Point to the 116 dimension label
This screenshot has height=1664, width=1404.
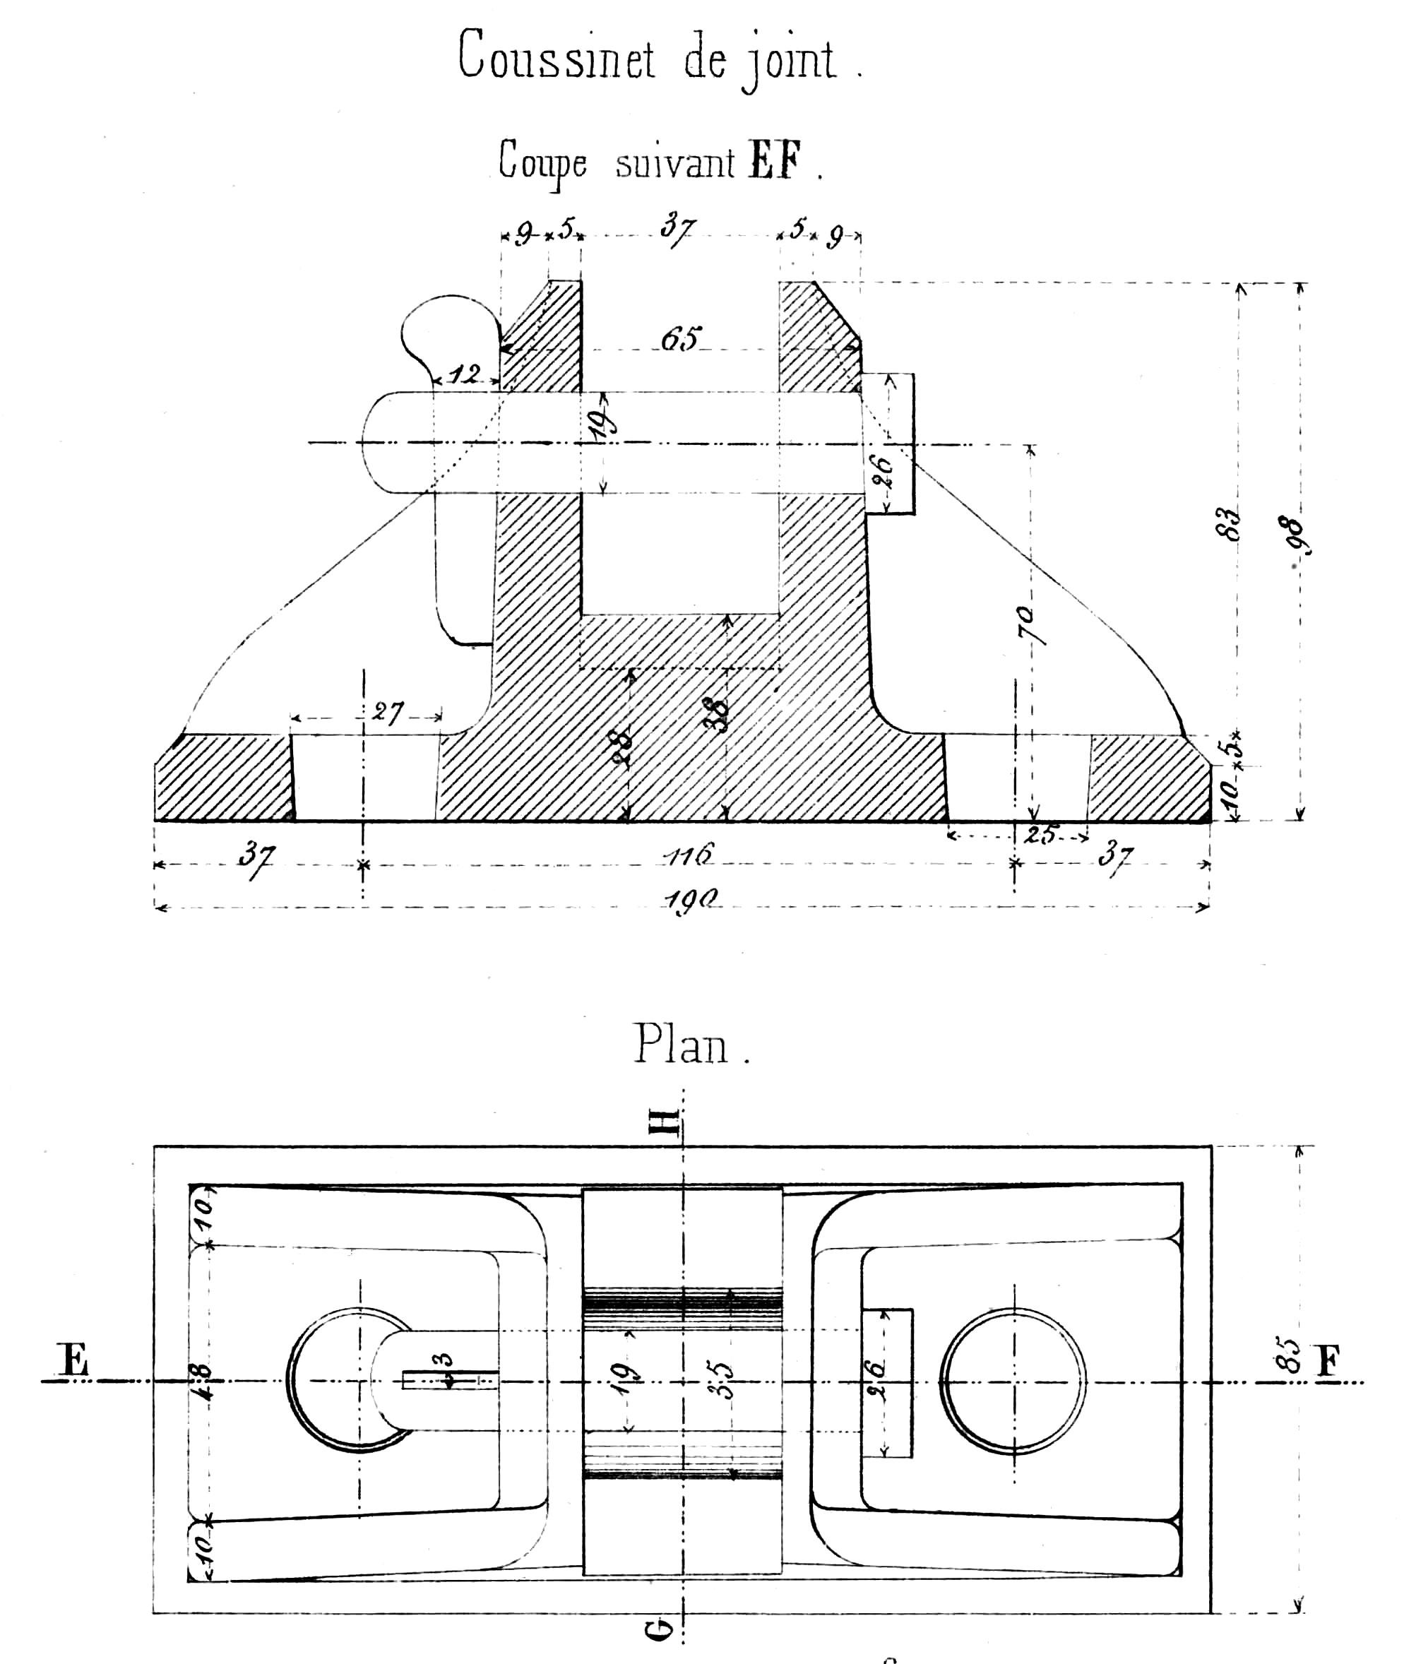(x=689, y=855)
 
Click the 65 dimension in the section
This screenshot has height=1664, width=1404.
(x=681, y=339)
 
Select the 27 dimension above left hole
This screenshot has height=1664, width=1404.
(x=388, y=712)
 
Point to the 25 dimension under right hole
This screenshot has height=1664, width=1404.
(x=1040, y=835)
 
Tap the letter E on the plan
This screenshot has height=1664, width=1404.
(x=73, y=1359)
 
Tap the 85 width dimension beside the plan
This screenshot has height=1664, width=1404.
(x=1292, y=1355)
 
